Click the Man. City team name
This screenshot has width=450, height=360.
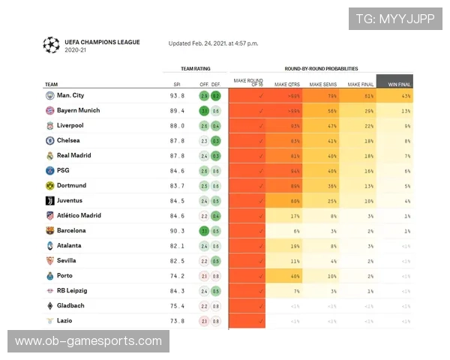[70, 95]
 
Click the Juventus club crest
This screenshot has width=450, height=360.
[49, 200]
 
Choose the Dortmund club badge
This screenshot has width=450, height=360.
[49, 185]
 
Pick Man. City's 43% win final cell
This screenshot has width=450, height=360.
[406, 95]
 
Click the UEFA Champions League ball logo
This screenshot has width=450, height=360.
[51, 45]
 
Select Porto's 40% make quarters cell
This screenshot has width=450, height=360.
[295, 275]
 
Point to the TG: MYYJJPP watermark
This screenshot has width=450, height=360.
[395, 19]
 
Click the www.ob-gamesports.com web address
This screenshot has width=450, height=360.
[88, 341]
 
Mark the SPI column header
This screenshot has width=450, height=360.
[177, 85]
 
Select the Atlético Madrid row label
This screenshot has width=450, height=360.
[79, 215]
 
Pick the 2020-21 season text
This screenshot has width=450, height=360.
[76, 50]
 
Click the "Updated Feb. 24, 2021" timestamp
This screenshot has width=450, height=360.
[213, 43]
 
